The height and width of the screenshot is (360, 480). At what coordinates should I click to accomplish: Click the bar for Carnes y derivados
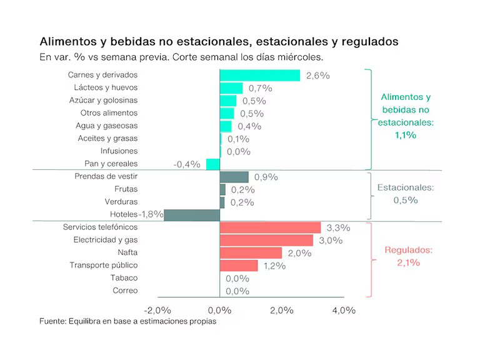point(259,75)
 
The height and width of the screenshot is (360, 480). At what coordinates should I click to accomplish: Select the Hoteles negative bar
point(192,214)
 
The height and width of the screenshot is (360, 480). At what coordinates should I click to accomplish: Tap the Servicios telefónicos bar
point(270,227)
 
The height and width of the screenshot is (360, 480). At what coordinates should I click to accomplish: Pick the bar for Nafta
point(251,252)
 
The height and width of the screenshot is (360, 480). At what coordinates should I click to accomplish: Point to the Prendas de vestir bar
point(234,177)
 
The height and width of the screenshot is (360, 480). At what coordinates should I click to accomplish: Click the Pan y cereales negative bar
point(213,164)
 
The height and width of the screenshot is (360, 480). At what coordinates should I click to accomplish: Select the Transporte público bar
point(239,266)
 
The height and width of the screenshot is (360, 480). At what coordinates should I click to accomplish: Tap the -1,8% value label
point(151,214)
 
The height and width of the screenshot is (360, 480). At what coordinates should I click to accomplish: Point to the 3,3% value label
point(338,227)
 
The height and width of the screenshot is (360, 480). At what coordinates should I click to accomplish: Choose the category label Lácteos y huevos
point(106,87)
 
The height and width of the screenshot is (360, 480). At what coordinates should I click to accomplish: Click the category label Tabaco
point(124,277)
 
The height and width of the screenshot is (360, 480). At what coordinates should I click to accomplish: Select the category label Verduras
point(121,202)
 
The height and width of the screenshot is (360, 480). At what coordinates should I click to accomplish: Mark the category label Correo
point(125,291)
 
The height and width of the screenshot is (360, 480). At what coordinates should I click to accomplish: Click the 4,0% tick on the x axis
point(344,310)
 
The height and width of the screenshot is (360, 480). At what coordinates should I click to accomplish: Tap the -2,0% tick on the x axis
point(157,310)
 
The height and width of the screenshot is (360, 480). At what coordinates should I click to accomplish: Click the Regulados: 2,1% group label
point(408,256)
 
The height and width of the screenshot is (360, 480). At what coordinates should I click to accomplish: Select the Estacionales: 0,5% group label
point(406,194)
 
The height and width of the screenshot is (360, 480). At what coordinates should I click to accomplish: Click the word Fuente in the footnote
point(54,321)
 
